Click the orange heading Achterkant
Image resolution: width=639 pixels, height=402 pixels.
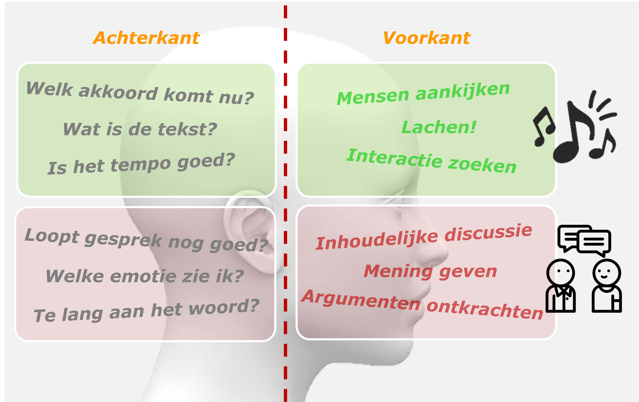point(146,38)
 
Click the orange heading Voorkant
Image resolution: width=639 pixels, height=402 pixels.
point(426,38)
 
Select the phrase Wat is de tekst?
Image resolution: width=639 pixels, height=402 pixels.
point(140,129)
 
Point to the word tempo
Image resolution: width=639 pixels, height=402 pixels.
point(141,164)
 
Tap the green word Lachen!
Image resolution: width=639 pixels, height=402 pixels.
point(439,127)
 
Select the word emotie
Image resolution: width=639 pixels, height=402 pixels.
point(143,276)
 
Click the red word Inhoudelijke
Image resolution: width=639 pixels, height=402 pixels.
point(377,240)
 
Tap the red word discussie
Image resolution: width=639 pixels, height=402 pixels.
point(488,232)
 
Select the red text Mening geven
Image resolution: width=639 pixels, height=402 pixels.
point(430,271)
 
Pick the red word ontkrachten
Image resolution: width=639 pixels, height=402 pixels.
point(485,310)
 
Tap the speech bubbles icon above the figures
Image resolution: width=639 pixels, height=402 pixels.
point(584,240)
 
